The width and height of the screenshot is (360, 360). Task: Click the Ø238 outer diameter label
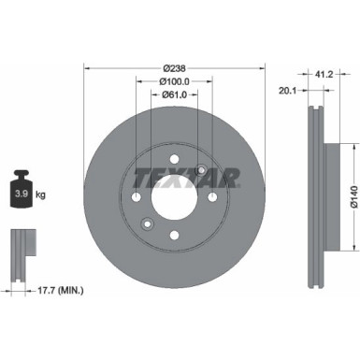(x=175, y=67)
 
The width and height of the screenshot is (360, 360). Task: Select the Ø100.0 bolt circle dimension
(x=175, y=81)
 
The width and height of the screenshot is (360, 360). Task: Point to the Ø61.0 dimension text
(x=175, y=95)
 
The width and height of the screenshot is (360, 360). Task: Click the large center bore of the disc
(x=175, y=197)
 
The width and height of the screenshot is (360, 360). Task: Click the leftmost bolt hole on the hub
(x=137, y=197)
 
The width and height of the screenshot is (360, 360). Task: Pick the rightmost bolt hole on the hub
(x=213, y=197)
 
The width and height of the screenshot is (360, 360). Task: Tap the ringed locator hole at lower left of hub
(x=148, y=224)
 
